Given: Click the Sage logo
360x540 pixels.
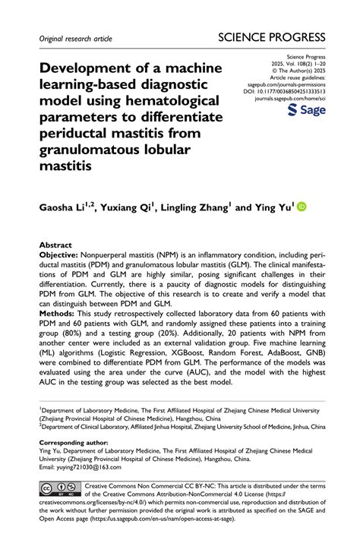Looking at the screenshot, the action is pos(307,111).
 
